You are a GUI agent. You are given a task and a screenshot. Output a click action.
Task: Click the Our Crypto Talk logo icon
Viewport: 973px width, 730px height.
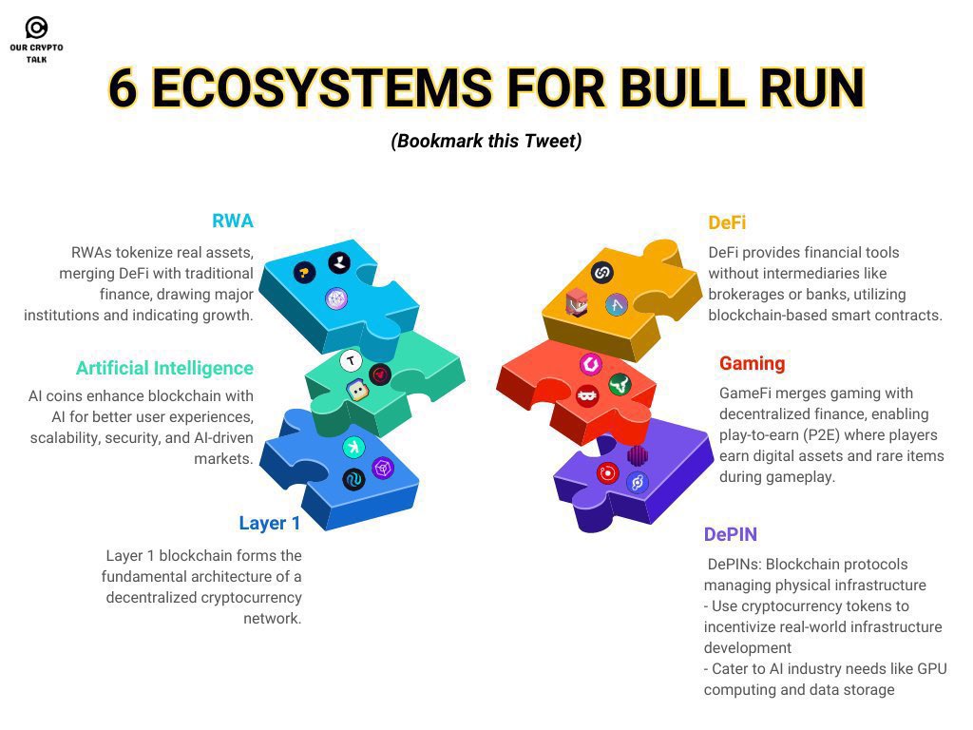[x=36, y=28]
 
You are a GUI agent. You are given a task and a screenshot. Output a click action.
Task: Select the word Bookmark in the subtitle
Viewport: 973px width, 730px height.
[x=432, y=141]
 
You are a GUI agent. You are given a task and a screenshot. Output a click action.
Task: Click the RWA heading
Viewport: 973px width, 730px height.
[x=233, y=221]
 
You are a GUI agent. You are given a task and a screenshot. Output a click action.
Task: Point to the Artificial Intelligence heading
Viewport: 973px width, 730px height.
[x=164, y=368]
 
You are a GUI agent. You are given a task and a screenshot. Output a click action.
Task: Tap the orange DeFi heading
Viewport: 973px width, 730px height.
[x=727, y=222]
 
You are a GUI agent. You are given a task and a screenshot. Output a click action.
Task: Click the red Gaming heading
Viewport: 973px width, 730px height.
[x=752, y=363]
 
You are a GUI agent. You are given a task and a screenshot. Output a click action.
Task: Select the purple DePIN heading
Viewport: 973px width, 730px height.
[x=730, y=534]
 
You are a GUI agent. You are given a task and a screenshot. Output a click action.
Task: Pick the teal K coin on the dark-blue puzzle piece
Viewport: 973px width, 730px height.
[x=353, y=448]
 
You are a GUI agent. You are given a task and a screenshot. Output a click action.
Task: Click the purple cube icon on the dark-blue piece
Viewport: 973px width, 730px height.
[x=382, y=468]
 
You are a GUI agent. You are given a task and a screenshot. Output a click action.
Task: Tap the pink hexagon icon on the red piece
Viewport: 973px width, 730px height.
[x=590, y=364]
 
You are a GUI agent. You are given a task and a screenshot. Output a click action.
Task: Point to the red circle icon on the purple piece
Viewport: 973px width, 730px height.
[x=607, y=471]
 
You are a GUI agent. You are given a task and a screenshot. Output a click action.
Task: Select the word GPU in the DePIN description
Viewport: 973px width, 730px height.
[x=930, y=668]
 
